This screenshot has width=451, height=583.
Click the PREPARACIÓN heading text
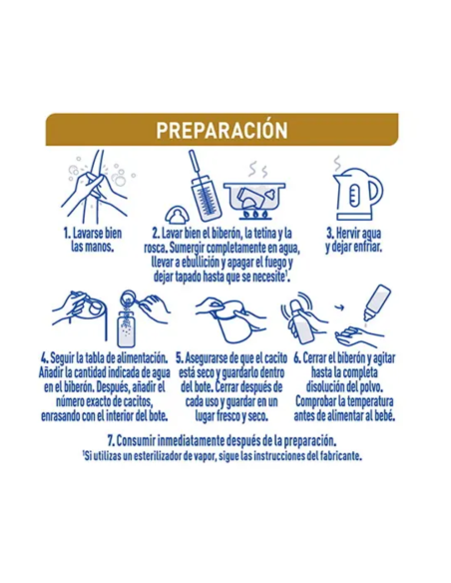[222, 130]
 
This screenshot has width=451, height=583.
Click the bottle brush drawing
[205, 186]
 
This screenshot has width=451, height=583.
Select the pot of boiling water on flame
[254, 200]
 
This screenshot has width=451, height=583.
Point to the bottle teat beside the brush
[177, 215]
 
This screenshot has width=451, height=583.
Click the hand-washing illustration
[99, 185]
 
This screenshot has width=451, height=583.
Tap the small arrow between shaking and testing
[339, 307]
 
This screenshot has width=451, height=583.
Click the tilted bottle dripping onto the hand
[377, 302]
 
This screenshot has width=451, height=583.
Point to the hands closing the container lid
[230, 319]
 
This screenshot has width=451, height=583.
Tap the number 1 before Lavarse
[67, 234]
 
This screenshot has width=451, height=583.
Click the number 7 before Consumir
[111, 441]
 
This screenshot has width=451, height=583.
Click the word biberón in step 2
[226, 234]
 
